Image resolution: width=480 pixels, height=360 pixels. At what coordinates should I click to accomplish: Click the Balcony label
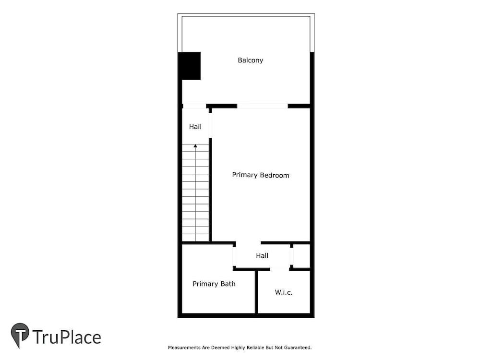(x=251, y=60)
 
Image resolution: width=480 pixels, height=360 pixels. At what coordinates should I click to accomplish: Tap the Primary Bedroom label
(x=261, y=175)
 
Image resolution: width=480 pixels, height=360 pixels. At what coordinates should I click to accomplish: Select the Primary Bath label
(x=214, y=284)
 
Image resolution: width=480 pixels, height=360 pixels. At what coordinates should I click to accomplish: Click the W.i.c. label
(x=284, y=292)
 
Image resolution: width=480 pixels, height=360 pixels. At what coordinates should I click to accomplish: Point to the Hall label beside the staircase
(x=195, y=127)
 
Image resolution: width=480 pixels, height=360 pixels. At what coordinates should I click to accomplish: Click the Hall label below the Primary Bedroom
(x=262, y=256)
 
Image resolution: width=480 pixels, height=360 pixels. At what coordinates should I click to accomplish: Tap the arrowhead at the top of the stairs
(x=195, y=146)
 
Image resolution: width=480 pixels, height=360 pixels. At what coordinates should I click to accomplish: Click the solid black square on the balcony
(x=190, y=66)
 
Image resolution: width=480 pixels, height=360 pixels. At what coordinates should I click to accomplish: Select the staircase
(x=195, y=193)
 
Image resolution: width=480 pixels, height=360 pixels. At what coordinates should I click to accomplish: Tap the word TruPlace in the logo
(x=67, y=337)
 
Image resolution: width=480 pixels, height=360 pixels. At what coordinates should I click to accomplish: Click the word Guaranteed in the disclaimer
(x=298, y=348)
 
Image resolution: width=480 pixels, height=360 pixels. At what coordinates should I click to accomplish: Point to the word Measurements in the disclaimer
(x=184, y=348)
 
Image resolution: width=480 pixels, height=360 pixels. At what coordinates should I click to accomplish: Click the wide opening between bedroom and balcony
(x=263, y=106)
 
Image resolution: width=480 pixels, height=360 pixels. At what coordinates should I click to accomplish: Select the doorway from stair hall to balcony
(x=194, y=106)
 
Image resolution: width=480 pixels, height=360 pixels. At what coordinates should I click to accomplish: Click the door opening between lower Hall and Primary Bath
(x=235, y=256)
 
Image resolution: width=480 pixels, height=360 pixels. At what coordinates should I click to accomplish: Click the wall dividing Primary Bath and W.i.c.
(x=256, y=292)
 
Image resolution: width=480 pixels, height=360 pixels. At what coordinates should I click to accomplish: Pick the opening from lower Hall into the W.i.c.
(x=279, y=269)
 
